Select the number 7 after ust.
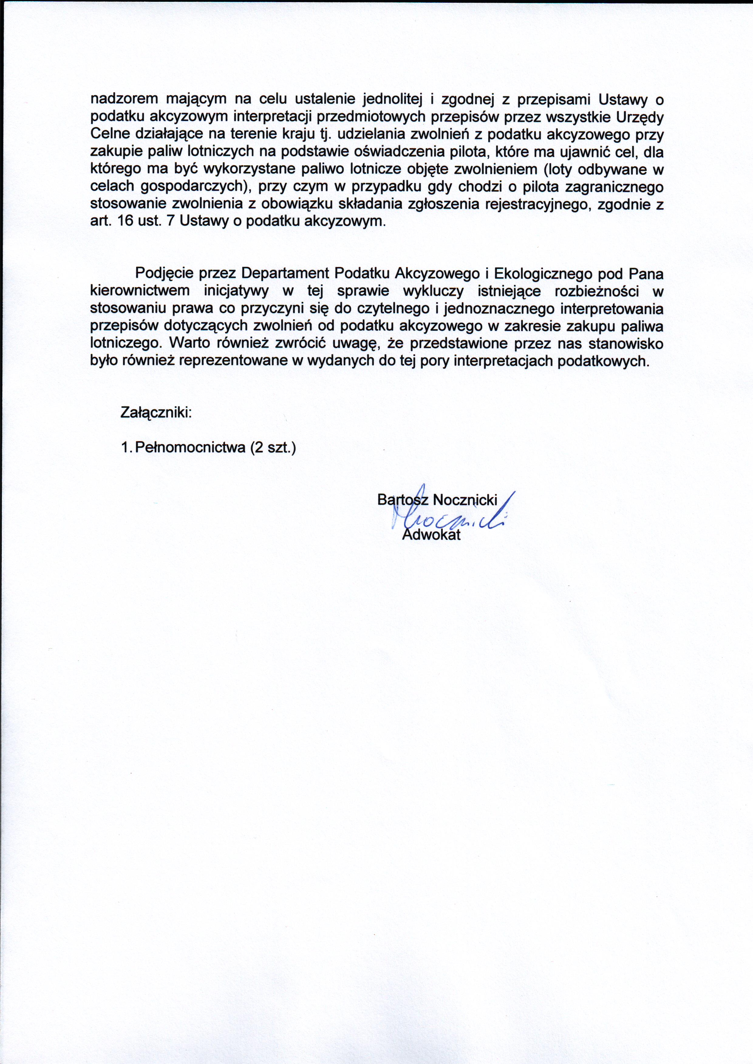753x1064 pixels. pyautogui.click(x=169, y=221)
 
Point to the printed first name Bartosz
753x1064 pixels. pyautogui.click(x=403, y=500)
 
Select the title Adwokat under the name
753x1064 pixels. pyautogui.click(x=431, y=535)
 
